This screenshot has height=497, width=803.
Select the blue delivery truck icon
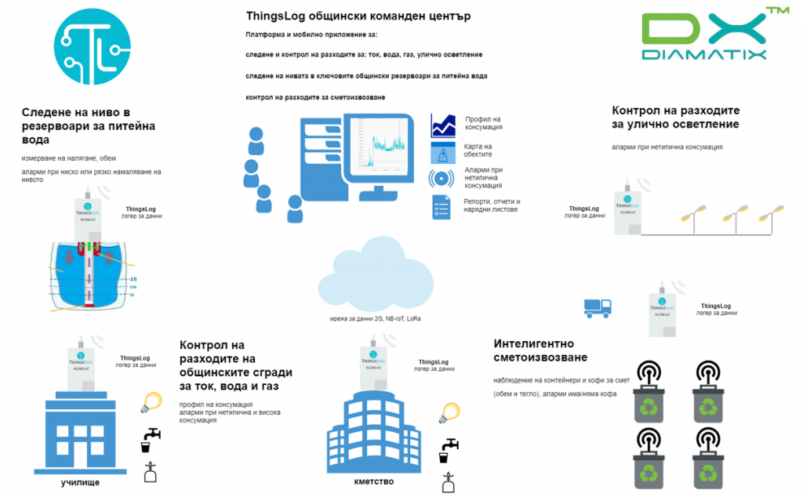598,307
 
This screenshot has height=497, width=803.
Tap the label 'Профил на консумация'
483,122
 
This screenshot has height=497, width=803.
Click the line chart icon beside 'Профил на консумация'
443,125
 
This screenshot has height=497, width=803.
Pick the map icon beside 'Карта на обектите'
443,152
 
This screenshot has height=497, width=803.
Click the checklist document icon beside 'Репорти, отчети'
441,206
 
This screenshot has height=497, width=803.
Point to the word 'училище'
80,482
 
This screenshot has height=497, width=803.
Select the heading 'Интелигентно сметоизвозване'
540,350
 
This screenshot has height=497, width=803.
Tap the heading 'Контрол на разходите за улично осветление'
675,118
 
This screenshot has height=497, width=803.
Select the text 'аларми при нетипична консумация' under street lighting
667,147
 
